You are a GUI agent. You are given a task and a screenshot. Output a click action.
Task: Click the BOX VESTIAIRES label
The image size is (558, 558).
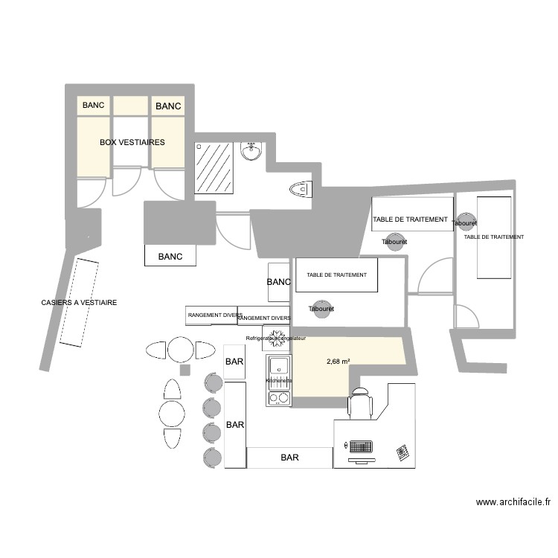[132, 141]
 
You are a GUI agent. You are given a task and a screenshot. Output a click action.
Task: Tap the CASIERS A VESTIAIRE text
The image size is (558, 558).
[79, 303]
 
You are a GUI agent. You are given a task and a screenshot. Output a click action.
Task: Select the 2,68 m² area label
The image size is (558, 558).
[339, 362]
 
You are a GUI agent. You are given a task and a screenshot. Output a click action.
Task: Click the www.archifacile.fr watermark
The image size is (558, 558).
[513, 502]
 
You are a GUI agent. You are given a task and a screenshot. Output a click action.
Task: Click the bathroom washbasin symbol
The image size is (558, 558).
[251, 152]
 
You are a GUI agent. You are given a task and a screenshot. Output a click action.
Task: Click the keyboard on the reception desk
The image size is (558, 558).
[360, 447]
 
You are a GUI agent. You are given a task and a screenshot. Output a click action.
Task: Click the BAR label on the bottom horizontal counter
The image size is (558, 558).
[289, 458]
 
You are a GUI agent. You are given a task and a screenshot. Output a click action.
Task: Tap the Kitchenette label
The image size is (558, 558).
[279, 380]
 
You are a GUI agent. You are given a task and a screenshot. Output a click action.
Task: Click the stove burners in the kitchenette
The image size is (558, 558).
[278, 398]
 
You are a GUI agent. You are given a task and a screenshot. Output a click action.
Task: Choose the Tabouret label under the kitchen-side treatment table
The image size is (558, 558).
[321, 308]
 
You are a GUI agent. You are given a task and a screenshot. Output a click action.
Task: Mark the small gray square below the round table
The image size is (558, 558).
[185, 371]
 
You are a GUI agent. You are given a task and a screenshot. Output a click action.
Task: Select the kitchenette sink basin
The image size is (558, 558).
[279, 365]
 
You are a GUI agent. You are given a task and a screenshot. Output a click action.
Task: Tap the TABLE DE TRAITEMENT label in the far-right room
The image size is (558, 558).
[493, 237]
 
